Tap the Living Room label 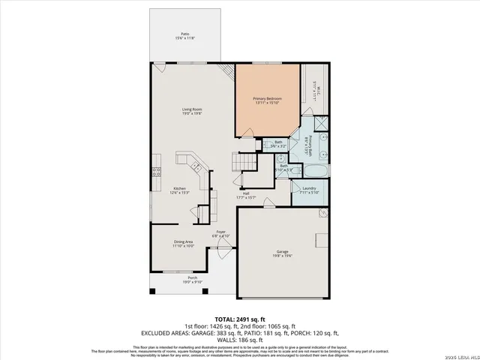tap(192, 110)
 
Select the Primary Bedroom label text tap(266, 98)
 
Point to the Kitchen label tap(180, 187)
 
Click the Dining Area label tap(184, 241)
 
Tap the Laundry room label tap(309, 187)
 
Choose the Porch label tap(193, 278)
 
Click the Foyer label tap(221, 232)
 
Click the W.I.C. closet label tap(318, 91)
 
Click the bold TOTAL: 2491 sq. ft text tap(240, 319)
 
